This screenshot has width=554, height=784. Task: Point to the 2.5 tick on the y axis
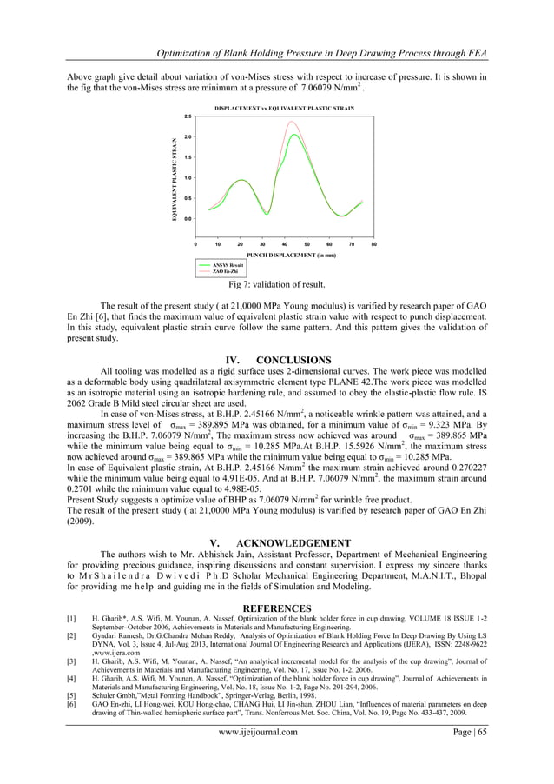[x=187, y=116]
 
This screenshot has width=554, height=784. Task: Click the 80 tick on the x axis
[x=373, y=245]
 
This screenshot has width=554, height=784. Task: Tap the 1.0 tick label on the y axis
[x=187, y=177]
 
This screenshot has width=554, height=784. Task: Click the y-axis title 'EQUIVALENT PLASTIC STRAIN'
[x=175, y=178]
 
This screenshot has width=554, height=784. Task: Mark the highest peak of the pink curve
[x=293, y=122]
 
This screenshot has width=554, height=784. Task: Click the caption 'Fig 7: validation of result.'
[x=277, y=284]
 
